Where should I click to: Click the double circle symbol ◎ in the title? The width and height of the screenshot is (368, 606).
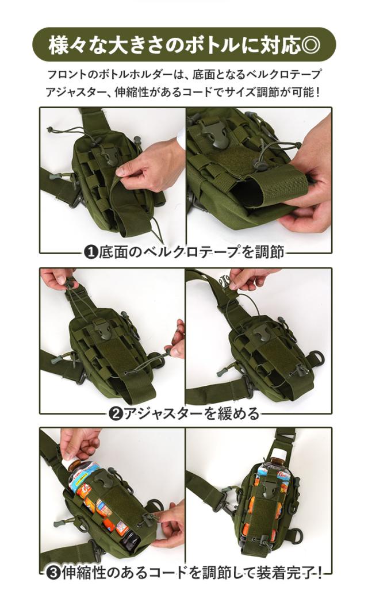pos(310,45)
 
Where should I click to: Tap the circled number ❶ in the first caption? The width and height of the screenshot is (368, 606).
pos(91,252)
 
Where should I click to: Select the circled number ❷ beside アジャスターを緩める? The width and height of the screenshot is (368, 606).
pos(116,414)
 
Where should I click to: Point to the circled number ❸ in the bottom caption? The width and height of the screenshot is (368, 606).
pos(53,573)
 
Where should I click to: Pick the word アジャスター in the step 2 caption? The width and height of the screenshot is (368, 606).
pos(163,414)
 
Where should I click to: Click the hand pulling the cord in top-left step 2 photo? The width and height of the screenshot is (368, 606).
pos(57,278)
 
